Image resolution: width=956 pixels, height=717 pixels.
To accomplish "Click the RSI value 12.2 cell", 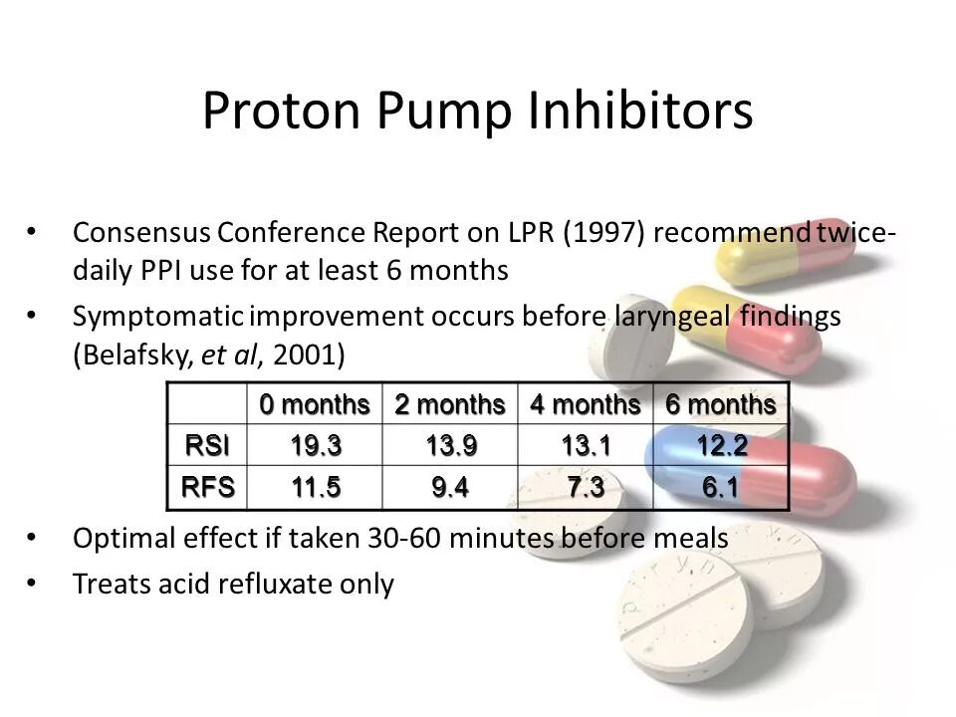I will pyautogui.click(x=718, y=445).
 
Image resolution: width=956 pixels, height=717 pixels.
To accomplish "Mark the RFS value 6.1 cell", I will pyautogui.click(x=718, y=487).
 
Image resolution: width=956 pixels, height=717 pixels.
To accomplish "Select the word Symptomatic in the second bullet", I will pyautogui.click(x=156, y=316).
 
